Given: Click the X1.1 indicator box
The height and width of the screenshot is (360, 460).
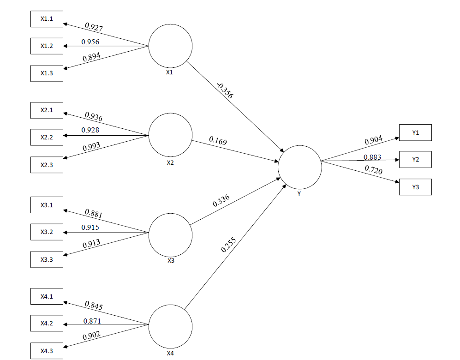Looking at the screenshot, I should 47,19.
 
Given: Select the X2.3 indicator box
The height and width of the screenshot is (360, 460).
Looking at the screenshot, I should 47,165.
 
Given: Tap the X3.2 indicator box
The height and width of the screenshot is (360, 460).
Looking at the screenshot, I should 47,232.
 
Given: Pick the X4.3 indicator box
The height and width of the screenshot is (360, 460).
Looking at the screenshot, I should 47,351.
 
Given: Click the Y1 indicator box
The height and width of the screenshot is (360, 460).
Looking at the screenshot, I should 415,132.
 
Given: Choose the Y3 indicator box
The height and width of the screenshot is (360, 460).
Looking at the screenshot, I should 415,187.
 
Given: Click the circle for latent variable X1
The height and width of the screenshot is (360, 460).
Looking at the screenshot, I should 170,46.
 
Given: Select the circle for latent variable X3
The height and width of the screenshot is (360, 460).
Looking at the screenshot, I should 170,234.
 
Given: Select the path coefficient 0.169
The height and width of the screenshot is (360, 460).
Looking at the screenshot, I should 218,140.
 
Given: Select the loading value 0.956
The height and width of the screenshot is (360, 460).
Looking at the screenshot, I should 90,42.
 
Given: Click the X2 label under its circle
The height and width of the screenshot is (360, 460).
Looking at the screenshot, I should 170,162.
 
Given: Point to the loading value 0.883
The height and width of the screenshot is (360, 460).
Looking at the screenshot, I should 372,157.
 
